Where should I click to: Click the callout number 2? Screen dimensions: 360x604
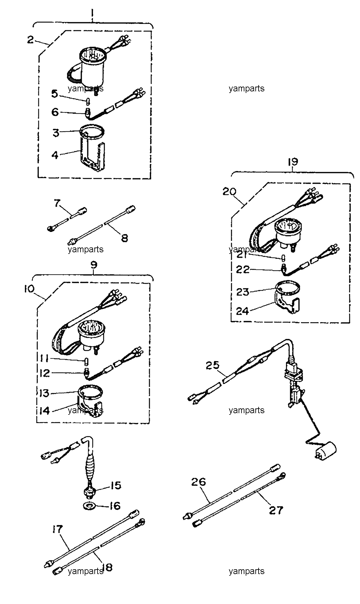coord(30,40)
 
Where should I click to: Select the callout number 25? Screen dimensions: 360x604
coord(213,365)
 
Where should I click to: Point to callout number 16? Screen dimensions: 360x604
coord(114,506)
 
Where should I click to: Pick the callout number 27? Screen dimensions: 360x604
coord(276,510)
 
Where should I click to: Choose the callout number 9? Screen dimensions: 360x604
coord(93,265)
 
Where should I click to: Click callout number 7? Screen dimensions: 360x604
coord(57,203)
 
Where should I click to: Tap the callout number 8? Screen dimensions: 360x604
coord(124,238)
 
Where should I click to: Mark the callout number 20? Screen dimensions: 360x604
coord(229,192)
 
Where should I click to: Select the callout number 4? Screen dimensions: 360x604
coord(55,155)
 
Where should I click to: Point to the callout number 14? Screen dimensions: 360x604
coord(45,411)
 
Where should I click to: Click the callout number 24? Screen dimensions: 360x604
coord(242,311)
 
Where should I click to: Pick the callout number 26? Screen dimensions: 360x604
coord(198,482)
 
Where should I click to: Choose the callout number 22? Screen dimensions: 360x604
coord(243,269)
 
